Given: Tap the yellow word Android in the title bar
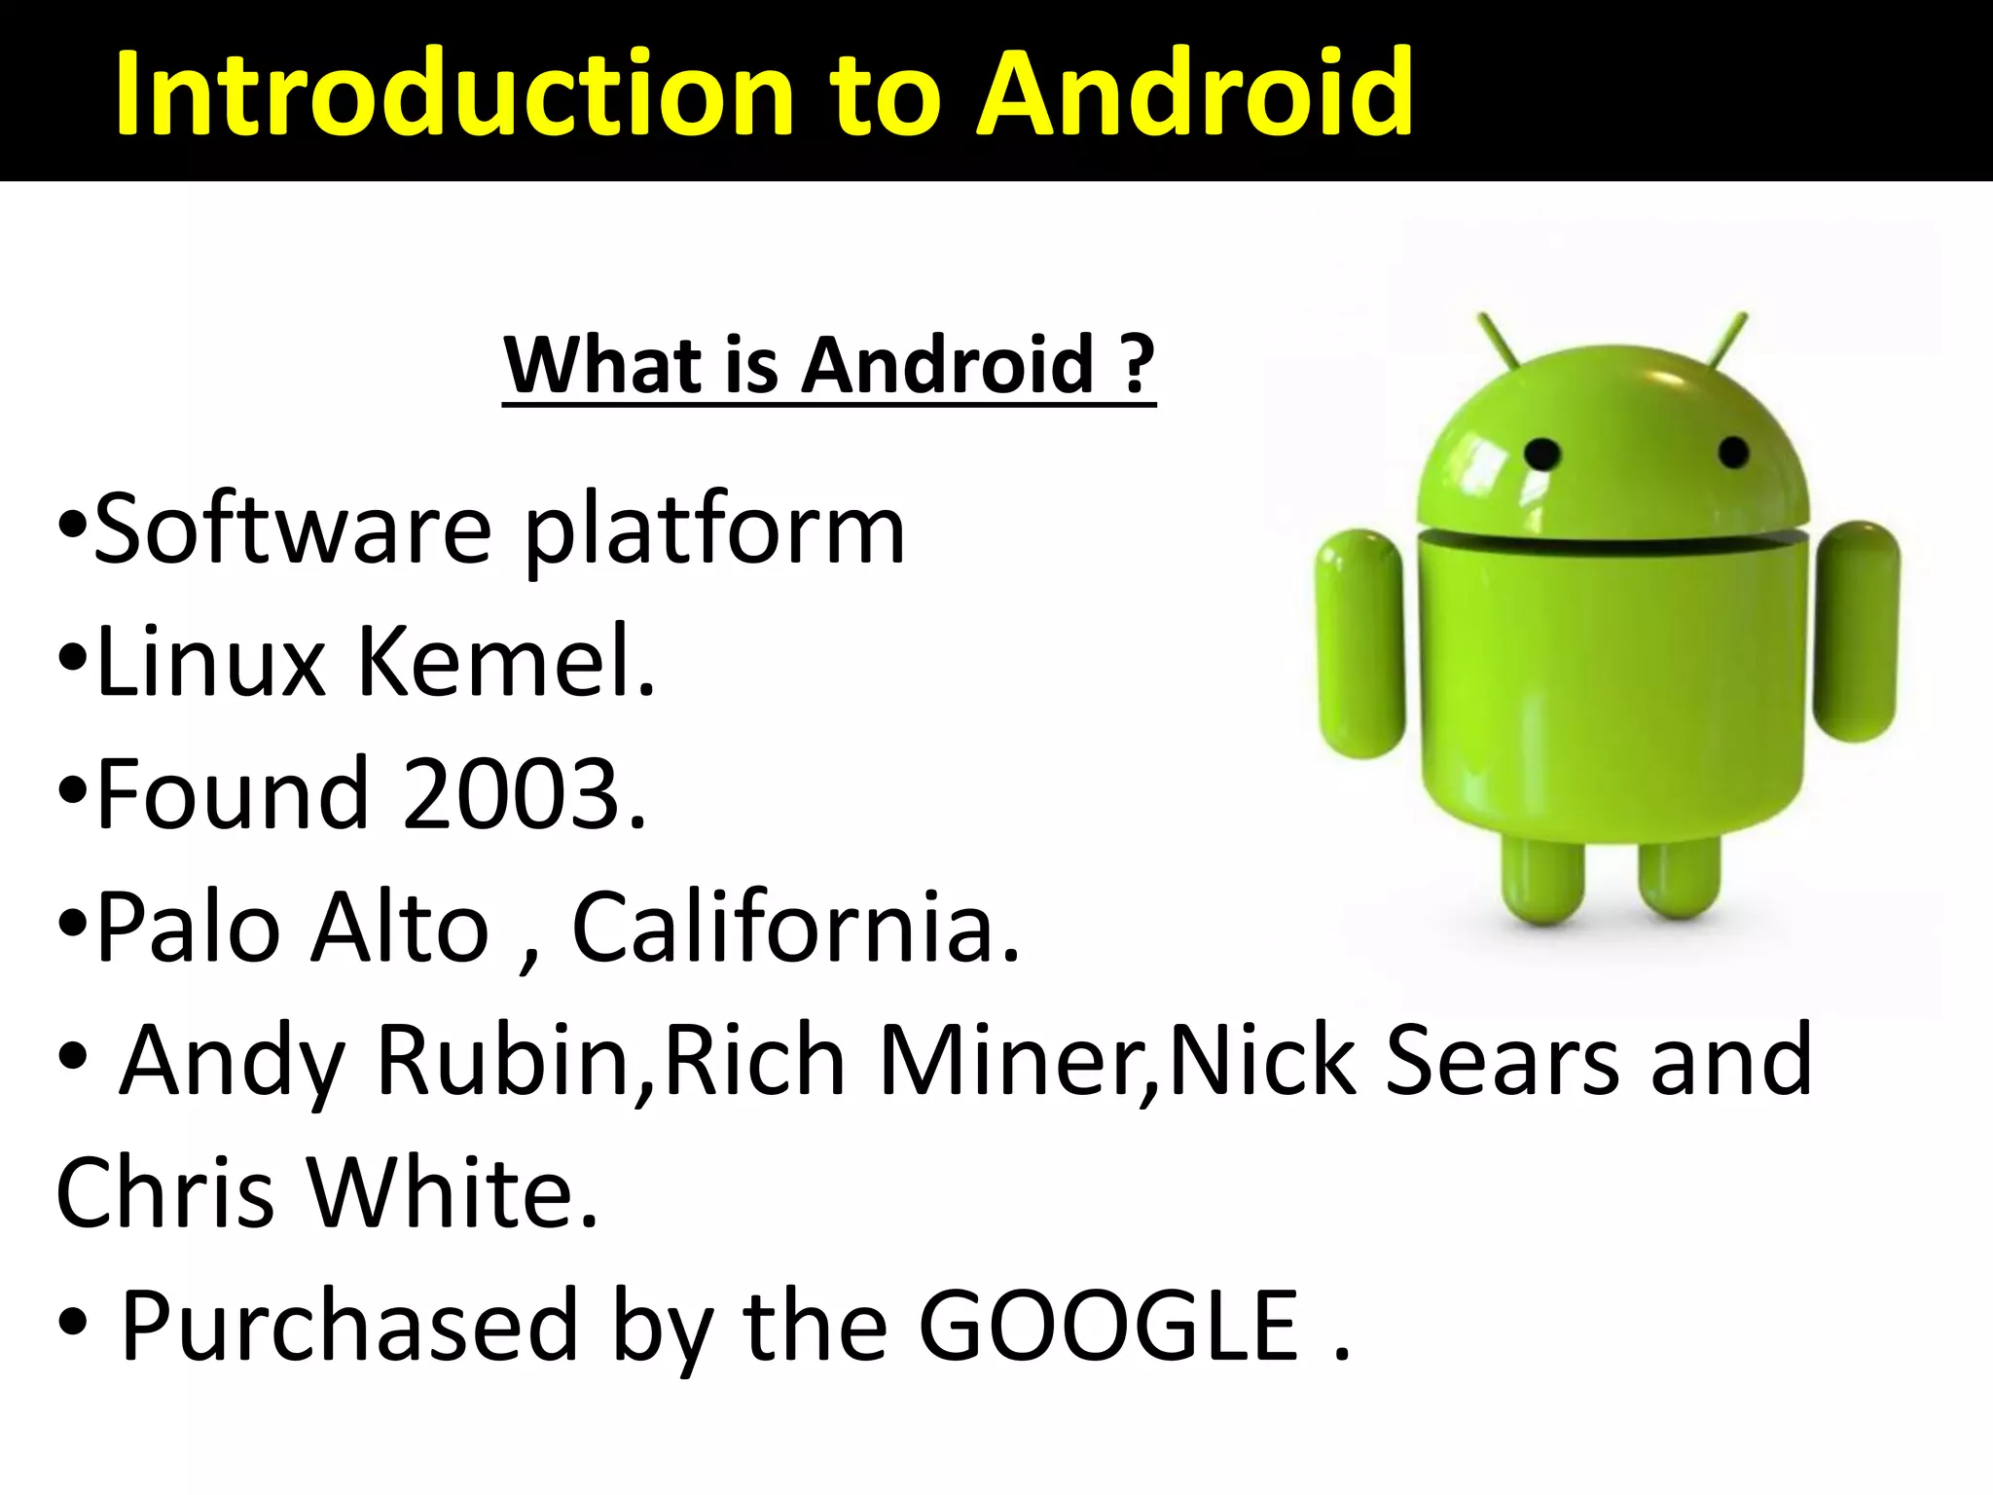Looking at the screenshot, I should (x=1195, y=94).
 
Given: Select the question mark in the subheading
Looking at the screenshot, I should (x=1136, y=365).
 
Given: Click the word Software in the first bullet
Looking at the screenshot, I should (x=293, y=530).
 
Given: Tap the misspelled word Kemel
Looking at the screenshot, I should (x=505, y=662).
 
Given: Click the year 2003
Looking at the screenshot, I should (x=523, y=794).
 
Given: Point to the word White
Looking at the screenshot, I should (x=453, y=1192).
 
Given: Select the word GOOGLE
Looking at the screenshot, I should (x=1109, y=1325).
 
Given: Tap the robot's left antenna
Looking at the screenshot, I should (x=1499, y=341).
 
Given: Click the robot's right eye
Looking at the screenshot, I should (x=1733, y=452).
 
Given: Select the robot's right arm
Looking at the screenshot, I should (x=1858, y=631).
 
